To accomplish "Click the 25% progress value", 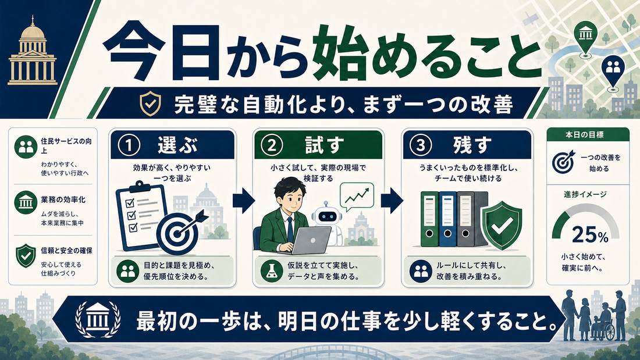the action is tap(590, 235).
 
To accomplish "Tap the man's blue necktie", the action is tap(289, 229).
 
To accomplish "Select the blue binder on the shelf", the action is tap(447, 219).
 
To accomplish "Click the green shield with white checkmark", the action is tap(502, 225).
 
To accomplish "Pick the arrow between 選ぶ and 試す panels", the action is tap(244, 201).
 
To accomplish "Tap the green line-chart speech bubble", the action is tap(356, 197).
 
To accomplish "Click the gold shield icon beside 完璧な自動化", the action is tap(150, 104).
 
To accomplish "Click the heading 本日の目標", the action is tap(585, 135).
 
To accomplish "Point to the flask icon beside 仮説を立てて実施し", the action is tap(272, 271).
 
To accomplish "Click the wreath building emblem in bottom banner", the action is tap(98, 320).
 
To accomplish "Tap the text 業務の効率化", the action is tap(63, 200).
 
